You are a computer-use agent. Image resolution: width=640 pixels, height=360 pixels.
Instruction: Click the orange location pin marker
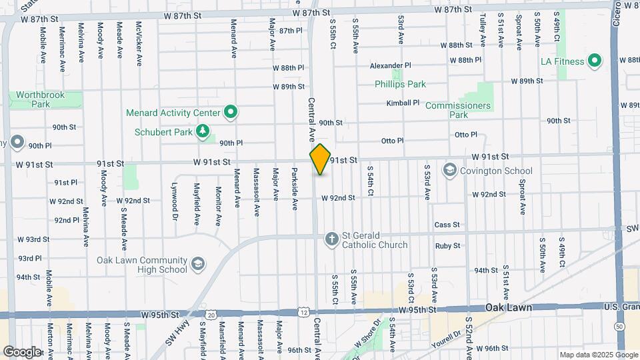click(321, 159)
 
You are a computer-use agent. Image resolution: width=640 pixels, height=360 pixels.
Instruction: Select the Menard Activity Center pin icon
click(231, 112)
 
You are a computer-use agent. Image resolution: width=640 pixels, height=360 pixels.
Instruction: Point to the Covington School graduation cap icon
click(450, 170)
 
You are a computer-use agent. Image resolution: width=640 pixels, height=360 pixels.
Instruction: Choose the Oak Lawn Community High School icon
click(197, 265)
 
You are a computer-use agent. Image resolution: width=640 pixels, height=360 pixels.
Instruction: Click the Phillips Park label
click(400, 85)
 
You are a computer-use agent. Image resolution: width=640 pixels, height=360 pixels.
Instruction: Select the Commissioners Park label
click(458, 110)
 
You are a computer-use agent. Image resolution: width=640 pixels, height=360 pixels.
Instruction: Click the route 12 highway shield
click(304, 312)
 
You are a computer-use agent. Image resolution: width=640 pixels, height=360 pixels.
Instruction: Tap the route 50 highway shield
click(620, 327)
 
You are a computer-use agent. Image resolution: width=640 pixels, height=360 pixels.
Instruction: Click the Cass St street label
click(447, 225)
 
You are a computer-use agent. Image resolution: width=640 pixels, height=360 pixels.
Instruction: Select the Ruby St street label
click(447, 246)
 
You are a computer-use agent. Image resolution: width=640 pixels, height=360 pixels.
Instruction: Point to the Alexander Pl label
click(391, 66)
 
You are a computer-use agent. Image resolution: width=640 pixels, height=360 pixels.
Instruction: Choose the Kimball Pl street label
click(403, 103)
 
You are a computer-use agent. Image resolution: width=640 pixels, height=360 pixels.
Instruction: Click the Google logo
click(23, 351)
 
